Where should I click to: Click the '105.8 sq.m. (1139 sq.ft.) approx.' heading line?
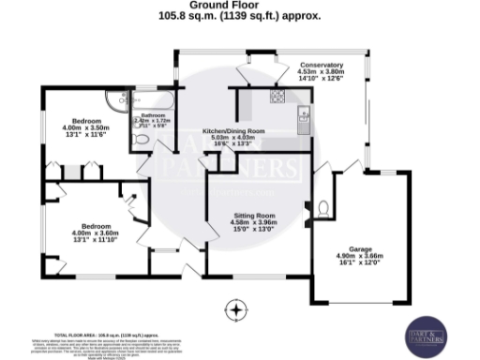[240, 16]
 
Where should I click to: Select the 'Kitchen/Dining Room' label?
[234, 130]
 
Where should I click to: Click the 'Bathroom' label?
[152, 115]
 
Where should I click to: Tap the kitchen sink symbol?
[304, 115]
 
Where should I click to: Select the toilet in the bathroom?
[141, 141]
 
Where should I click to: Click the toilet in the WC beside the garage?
[323, 207]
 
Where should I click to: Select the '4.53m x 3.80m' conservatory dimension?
[322, 72]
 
